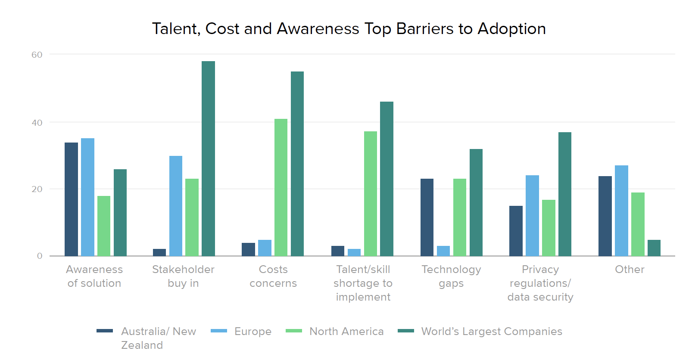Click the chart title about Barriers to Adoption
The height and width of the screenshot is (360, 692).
[x=349, y=29]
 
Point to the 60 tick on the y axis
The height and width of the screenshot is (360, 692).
[x=37, y=55]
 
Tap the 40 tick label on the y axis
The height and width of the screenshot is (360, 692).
[x=37, y=123]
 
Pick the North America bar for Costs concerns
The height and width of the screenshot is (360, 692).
[x=281, y=187]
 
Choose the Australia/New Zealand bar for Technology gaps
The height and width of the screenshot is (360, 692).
[x=427, y=217]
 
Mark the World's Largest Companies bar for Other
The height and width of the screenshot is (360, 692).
[x=654, y=248]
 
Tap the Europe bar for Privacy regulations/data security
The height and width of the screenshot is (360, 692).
[x=532, y=216]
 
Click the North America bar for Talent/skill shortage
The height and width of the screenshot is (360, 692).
[x=371, y=194]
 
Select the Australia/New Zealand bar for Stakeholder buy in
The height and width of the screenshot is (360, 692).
[x=159, y=252]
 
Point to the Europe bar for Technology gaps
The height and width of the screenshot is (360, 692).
[x=443, y=251]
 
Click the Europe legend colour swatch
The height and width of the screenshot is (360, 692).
[x=219, y=331]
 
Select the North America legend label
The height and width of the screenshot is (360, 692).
[x=346, y=331]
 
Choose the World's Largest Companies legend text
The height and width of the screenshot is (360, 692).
[x=492, y=331]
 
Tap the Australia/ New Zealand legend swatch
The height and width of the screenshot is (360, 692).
[x=105, y=331]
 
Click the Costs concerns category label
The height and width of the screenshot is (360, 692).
[x=273, y=276]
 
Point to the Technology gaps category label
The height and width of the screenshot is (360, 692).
[x=451, y=276]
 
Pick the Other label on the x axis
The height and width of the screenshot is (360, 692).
[x=630, y=270]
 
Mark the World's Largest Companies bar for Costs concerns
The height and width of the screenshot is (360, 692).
[x=297, y=164]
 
